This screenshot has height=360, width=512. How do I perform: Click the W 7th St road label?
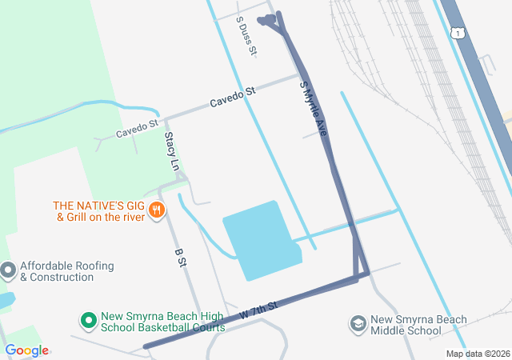click(258, 312)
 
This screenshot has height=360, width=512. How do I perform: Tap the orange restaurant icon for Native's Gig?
click(157, 211)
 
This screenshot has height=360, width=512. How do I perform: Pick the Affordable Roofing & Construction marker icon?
click(8, 270)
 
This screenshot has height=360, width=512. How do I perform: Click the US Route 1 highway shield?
click(457, 33)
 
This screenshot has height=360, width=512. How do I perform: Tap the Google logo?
click(26, 350)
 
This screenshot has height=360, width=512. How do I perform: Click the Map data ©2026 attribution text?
click(477, 354)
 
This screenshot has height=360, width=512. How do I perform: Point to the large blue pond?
click(258, 240)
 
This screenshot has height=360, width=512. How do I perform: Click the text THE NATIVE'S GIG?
click(97, 205)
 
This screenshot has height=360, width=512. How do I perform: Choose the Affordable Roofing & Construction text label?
click(67, 271)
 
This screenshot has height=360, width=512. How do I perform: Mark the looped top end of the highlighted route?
click(268, 20)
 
